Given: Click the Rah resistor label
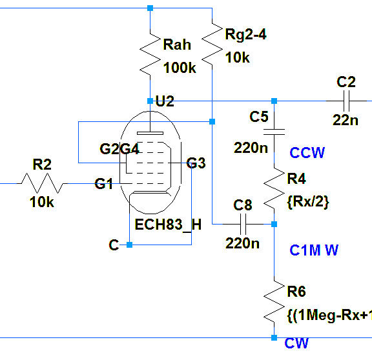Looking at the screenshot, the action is (x=177, y=45).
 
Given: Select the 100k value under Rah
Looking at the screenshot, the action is (x=180, y=68).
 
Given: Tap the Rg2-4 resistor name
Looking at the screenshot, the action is (x=246, y=34).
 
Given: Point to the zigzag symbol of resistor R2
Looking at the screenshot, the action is (x=42, y=183).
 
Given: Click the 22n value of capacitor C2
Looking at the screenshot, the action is (x=346, y=120).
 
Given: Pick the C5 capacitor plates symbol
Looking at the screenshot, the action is (x=274, y=132).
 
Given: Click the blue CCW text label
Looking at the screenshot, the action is (x=307, y=153).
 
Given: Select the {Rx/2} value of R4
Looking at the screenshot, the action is (x=308, y=202).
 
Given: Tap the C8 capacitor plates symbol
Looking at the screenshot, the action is (x=243, y=224).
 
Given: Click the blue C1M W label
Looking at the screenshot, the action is (x=314, y=250).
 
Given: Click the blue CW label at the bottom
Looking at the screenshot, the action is (x=296, y=343).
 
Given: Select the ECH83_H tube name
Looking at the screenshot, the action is (x=168, y=225).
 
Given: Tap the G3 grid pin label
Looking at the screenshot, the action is (x=196, y=163).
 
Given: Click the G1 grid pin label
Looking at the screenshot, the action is (x=104, y=184).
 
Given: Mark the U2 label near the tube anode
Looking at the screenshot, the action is (x=165, y=101).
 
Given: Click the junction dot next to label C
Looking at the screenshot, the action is (x=130, y=245).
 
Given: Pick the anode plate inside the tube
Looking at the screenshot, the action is (x=150, y=133).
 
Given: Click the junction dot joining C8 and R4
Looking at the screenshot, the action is (x=274, y=224).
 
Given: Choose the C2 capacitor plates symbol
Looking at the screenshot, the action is (x=346, y=101).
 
